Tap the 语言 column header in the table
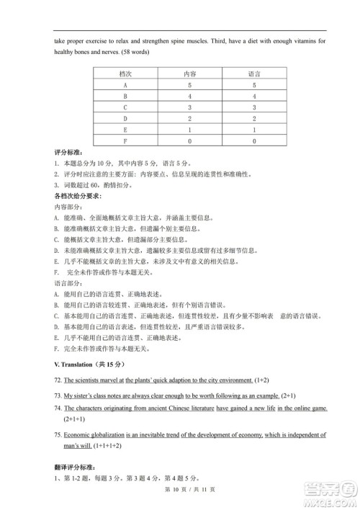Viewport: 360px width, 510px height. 254,73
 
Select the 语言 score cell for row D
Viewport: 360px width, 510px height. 254,119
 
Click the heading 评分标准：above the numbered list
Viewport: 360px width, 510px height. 69,153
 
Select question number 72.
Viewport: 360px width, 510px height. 58,380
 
